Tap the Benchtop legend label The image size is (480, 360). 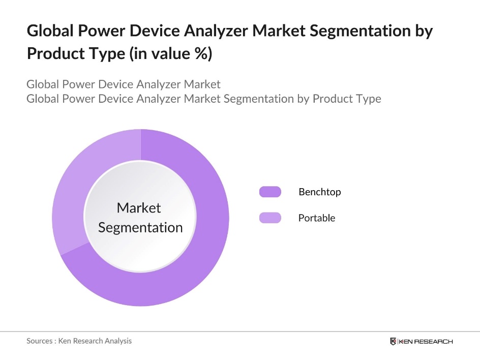pyautogui.click(x=319, y=192)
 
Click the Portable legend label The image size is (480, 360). pyautogui.click(x=317, y=218)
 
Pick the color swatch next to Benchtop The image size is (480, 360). pyautogui.click(x=270, y=192)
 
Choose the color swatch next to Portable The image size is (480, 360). pyautogui.click(x=270, y=218)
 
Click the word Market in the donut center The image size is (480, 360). pyautogui.click(x=139, y=207)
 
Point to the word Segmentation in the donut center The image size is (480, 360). pyautogui.click(x=140, y=227)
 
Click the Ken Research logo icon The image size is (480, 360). pyautogui.click(x=393, y=341)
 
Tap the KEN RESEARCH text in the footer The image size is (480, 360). pyautogui.click(x=426, y=341)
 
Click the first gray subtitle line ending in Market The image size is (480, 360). pyautogui.click(x=124, y=84)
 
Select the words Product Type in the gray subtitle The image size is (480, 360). pyautogui.click(x=346, y=98)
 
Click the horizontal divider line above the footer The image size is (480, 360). pyautogui.click(x=240, y=332)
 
